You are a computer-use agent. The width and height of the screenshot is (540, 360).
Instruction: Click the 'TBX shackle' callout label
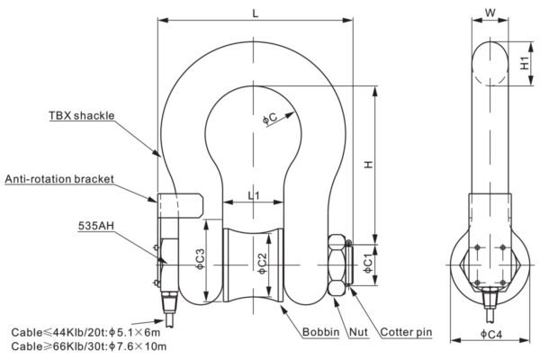(x=81, y=115)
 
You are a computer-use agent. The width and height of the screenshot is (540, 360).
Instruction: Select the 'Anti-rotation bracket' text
(x=59, y=179)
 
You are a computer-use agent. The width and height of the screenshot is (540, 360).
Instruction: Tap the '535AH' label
(x=95, y=226)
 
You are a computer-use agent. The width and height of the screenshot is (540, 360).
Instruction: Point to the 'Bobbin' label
(x=320, y=332)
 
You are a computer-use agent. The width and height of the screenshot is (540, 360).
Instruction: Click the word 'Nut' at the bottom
(x=358, y=332)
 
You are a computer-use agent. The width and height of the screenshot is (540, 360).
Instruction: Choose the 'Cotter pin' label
(x=406, y=332)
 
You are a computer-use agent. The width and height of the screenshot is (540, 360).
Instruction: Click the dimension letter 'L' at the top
(x=256, y=13)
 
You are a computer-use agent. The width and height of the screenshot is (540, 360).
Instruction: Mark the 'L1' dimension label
(x=254, y=196)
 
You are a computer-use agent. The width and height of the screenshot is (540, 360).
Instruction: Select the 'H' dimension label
(x=369, y=165)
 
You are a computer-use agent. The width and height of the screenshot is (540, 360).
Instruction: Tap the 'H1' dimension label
(x=524, y=63)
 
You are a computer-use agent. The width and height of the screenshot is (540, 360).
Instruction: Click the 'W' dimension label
(x=490, y=13)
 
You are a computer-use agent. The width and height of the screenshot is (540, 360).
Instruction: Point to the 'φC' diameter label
(x=270, y=118)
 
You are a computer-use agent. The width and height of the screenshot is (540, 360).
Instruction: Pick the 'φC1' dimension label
(x=368, y=263)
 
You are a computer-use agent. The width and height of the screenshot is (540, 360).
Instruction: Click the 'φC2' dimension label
(x=263, y=264)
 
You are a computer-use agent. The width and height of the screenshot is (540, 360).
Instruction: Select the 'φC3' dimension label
(x=200, y=259)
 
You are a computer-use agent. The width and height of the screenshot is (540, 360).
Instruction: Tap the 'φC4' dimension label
(x=491, y=334)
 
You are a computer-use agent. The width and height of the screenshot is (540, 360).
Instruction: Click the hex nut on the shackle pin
(x=337, y=265)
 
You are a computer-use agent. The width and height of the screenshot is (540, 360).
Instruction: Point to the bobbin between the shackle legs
(x=254, y=265)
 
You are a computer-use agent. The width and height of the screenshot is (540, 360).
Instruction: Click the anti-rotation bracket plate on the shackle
(x=181, y=206)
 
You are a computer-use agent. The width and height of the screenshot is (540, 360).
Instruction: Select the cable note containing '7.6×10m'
(x=89, y=346)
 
